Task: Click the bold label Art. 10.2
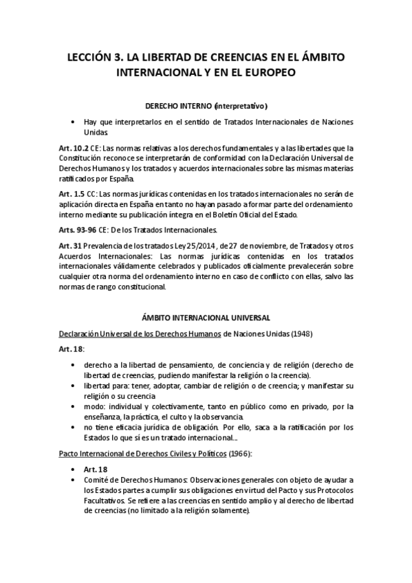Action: [74, 147]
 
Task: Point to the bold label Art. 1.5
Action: [71, 194]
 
